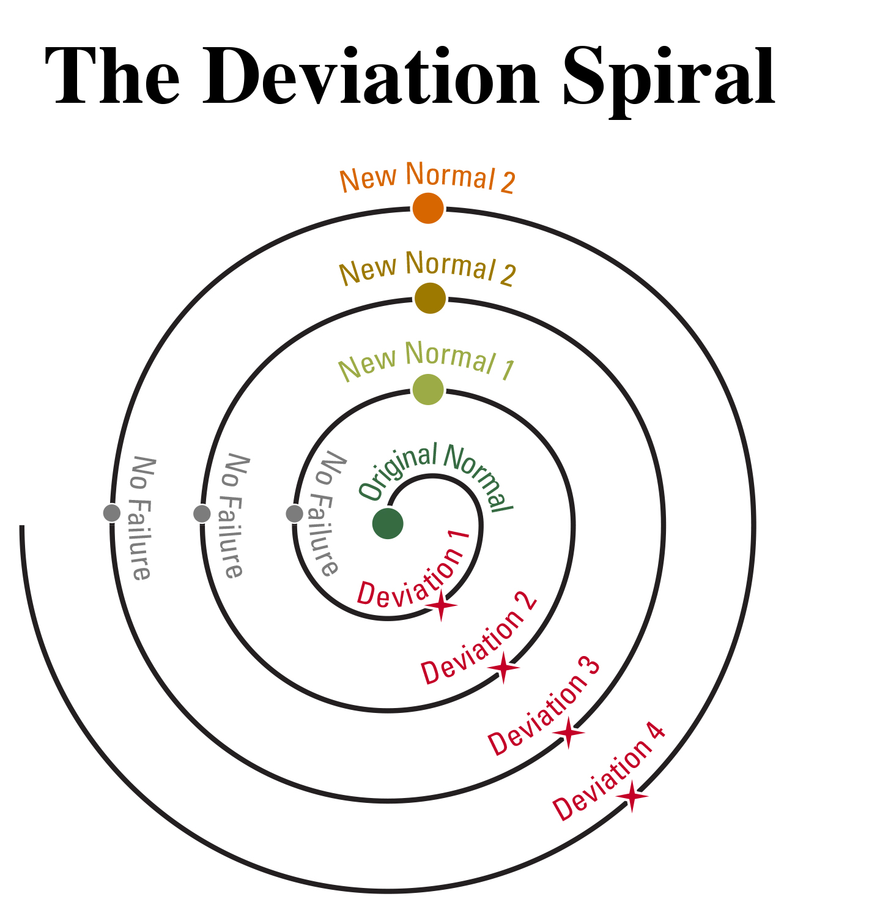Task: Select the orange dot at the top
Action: point(428,208)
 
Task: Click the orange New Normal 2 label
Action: point(427,177)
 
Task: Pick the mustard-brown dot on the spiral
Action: point(430,298)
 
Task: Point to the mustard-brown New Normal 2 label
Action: point(427,269)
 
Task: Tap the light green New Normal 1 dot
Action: point(428,389)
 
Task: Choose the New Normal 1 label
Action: point(427,361)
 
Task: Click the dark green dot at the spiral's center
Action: point(388,523)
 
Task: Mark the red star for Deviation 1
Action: point(441,606)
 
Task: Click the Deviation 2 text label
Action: point(479,640)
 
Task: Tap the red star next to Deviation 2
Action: point(503,667)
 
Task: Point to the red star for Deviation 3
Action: point(569,733)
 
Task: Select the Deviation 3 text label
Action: point(544,706)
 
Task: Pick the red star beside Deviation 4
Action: point(632,797)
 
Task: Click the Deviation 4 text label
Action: point(608,772)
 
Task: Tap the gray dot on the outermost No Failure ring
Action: point(112,513)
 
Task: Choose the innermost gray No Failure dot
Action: point(294,513)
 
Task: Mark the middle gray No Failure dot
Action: point(202,513)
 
